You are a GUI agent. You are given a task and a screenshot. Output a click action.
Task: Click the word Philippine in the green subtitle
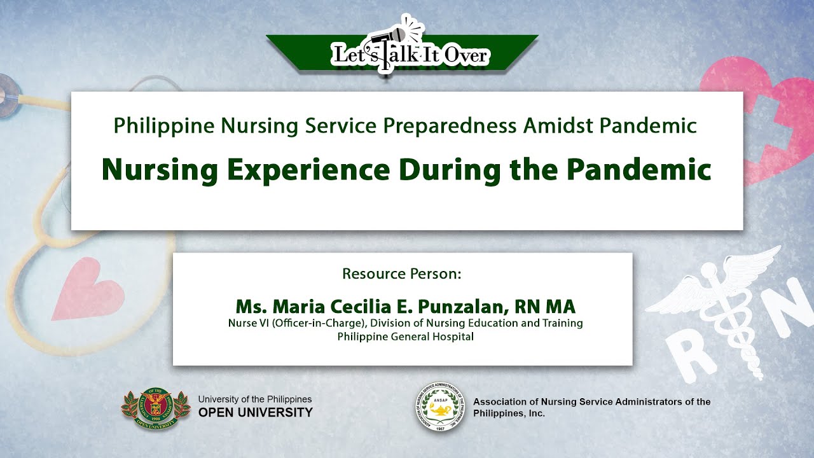click(164, 126)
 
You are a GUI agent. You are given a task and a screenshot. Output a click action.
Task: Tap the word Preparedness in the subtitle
click(450, 126)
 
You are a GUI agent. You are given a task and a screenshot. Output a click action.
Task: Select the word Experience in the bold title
click(308, 170)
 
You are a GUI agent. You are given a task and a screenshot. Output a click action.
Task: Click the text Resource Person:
click(401, 274)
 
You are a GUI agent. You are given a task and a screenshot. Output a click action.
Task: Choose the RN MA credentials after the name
click(545, 306)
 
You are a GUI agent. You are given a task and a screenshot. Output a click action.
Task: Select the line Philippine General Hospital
click(405, 337)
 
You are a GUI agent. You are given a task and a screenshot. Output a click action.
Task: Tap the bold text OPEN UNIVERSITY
click(256, 413)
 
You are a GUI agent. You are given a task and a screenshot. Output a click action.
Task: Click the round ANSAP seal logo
click(441, 406)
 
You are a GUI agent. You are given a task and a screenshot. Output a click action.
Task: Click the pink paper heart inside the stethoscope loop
click(89, 289)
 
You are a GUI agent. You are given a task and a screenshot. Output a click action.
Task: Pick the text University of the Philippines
click(255, 399)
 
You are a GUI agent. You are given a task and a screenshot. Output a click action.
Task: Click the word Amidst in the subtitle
click(558, 126)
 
